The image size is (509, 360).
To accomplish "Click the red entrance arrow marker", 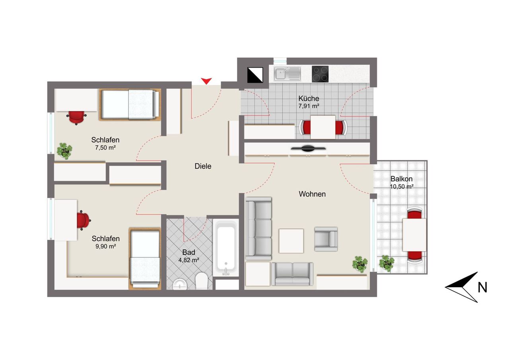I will (206, 81).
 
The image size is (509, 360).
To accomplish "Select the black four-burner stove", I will (320, 74).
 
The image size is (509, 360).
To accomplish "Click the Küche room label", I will (309, 99).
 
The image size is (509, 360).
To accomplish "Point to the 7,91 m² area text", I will (309, 106).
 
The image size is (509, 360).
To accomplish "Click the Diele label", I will (203, 166).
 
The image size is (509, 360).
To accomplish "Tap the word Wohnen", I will (312, 194).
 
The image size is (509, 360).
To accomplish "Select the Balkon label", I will (401, 179).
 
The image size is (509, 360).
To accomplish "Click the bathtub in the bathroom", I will (226, 247).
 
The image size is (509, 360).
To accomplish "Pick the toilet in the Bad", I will (202, 281).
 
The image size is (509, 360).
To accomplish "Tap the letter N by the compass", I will (482, 287).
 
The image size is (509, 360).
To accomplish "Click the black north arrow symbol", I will (463, 286).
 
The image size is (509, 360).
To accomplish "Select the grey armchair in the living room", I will (326, 239).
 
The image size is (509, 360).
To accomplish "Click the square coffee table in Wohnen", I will (291, 241).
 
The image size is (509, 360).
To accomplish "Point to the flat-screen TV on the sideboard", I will (308, 149).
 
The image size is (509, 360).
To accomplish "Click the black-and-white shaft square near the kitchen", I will (255, 74).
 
